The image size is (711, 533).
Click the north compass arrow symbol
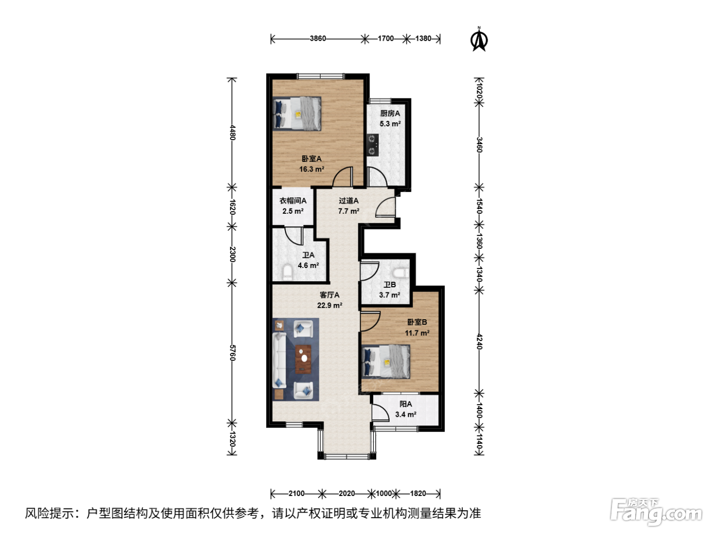(x=479, y=40)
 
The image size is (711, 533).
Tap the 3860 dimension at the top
(x=318, y=39)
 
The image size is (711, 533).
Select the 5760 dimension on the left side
(x=232, y=353)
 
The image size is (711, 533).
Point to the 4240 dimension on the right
(x=479, y=342)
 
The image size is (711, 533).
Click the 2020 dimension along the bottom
(x=346, y=493)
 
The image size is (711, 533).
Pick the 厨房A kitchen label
(x=390, y=113)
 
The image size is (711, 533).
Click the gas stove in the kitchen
(x=372, y=145)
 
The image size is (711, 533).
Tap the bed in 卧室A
(x=297, y=114)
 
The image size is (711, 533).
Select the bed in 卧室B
(x=386, y=361)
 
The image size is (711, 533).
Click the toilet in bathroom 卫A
(x=287, y=273)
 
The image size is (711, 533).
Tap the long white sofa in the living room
(x=279, y=360)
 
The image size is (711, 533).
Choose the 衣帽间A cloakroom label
(x=293, y=201)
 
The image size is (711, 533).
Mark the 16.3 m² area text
(x=312, y=169)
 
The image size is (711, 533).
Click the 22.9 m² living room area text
(x=330, y=305)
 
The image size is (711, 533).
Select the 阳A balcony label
(x=406, y=404)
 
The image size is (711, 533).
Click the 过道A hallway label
(x=348, y=201)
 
